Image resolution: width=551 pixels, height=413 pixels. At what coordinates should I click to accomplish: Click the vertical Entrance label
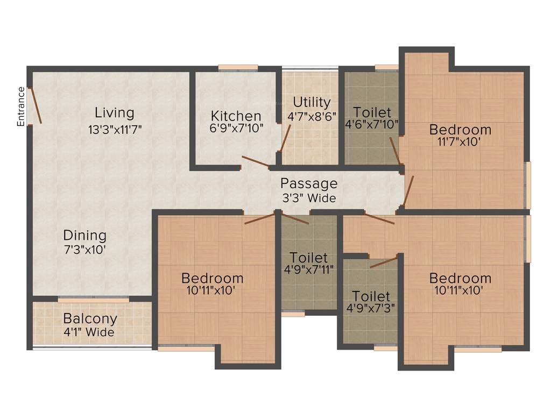click(x=21, y=106)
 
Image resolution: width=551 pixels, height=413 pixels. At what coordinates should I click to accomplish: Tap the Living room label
click(x=114, y=113)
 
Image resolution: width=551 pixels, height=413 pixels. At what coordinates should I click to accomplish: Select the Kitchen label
click(x=236, y=116)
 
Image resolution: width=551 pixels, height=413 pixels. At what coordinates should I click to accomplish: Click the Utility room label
click(x=312, y=102)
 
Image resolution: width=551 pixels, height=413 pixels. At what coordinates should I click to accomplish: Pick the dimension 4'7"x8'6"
click(x=312, y=116)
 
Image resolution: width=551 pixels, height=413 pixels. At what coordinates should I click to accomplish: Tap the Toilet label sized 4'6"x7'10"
click(x=372, y=112)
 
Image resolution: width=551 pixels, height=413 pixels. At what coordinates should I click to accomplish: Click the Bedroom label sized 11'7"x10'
click(x=460, y=130)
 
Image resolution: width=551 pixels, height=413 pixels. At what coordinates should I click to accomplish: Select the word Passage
click(x=309, y=183)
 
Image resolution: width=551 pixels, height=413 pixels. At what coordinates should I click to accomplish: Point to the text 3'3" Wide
click(x=309, y=198)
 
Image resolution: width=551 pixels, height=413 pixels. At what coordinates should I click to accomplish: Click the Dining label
click(x=85, y=235)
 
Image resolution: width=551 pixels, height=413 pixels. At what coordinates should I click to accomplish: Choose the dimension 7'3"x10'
click(x=85, y=249)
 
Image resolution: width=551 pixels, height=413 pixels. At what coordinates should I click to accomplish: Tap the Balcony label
click(x=90, y=318)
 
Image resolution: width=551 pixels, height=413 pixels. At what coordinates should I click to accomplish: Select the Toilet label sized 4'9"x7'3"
click(x=371, y=296)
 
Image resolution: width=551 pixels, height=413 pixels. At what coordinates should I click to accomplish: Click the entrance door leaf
click(x=35, y=105)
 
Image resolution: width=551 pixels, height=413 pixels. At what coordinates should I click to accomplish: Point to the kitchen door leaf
click(x=256, y=161)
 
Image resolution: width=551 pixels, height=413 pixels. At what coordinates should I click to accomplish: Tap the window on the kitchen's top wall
click(x=238, y=68)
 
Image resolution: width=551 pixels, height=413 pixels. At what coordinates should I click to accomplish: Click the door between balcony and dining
click(x=93, y=299)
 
